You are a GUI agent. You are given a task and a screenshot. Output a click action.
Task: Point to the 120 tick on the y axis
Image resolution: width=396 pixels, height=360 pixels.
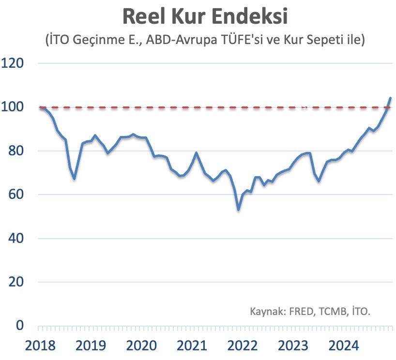13,63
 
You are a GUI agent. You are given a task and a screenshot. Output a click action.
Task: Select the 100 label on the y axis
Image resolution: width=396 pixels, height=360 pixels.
13,107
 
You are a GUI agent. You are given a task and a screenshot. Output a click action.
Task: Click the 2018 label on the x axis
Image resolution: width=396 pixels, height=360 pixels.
40,346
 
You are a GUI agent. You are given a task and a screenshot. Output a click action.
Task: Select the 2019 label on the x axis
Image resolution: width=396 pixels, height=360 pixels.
91,346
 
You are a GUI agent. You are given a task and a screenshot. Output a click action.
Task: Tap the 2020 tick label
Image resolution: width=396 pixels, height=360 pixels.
141,346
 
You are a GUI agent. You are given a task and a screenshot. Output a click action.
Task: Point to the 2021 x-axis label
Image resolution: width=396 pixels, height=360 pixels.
192,346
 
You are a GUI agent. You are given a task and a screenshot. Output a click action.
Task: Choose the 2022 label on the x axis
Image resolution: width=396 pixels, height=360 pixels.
243,346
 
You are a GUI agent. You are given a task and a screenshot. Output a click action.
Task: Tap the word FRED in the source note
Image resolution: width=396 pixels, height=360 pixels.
302,311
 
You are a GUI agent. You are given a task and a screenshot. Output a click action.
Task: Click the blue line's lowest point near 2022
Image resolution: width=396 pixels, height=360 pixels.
238,210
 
